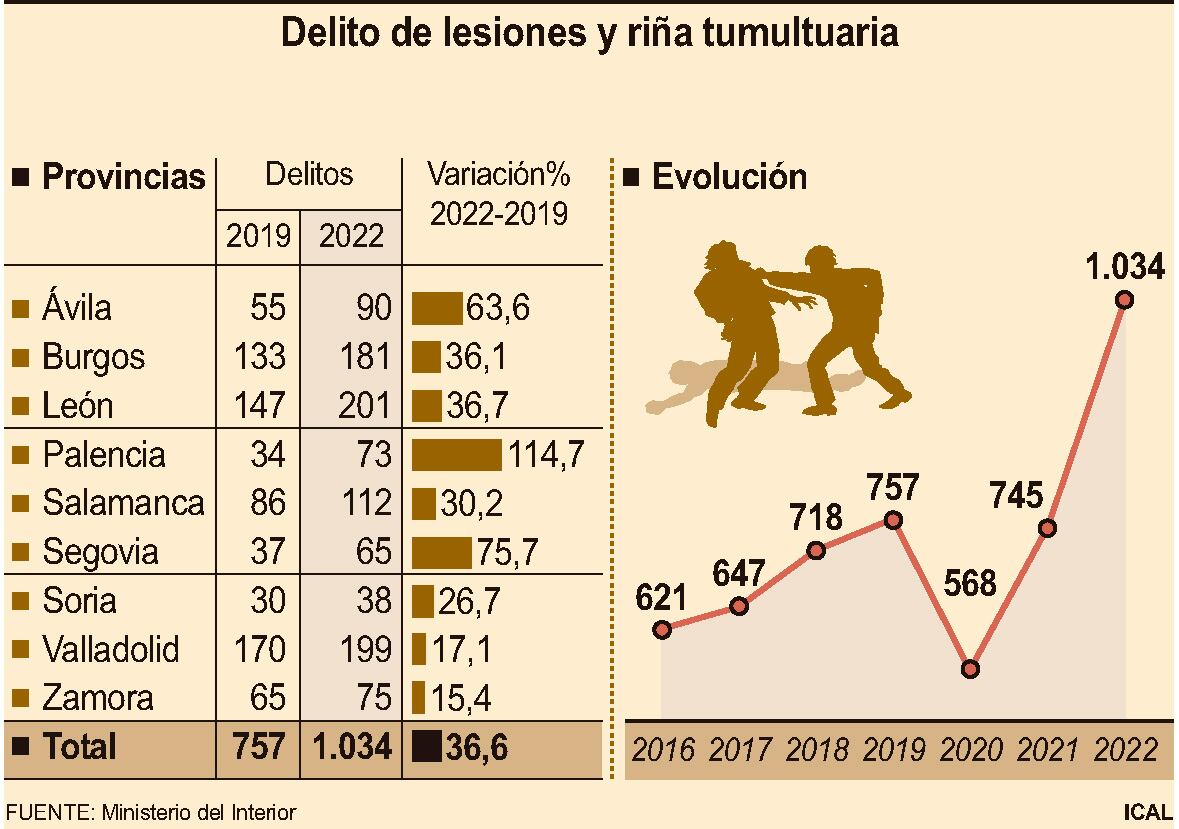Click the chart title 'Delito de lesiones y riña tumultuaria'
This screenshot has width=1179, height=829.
coord(589,34)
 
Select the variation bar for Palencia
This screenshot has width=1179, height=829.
coord(457,455)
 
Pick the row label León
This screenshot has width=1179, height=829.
coord(78,406)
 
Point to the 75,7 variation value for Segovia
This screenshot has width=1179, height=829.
coord(502,552)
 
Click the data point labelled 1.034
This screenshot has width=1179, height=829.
coord(1124,299)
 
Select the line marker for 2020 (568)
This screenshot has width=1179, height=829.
coord(970,669)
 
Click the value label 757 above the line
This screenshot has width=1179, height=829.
coord(893,489)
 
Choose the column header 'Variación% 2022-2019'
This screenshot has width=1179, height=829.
coord(498,194)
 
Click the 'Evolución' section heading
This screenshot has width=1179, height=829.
coord(728,177)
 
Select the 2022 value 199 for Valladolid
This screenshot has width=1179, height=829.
coord(363,650)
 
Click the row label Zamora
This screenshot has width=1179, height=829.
coord(97,698)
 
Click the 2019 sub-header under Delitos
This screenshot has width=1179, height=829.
coord(258,237)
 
